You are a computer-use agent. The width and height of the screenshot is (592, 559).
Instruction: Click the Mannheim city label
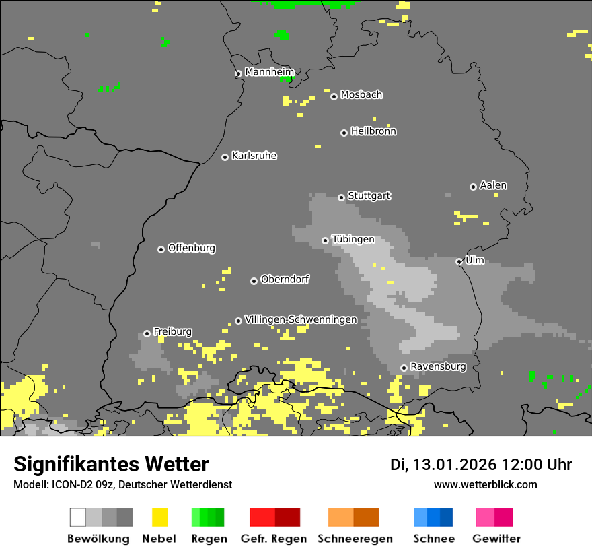coord(269,72)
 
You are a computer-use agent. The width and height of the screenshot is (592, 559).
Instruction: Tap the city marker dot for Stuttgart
coord(341,197)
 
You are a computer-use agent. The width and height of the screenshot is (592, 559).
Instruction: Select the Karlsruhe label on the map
coord(254,156)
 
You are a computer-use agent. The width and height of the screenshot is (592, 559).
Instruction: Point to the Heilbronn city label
coord(373,132)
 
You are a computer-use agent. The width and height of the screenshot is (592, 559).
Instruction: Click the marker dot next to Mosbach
coord(334,96)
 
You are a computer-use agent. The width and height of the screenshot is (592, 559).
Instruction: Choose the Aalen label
coord(493,185)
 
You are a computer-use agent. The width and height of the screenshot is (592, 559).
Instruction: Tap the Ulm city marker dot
coord(459,261)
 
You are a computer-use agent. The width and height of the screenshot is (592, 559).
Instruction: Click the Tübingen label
coord(353,240)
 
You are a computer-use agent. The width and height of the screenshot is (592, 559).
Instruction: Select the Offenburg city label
coord(192,249)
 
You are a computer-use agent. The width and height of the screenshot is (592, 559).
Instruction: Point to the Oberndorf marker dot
coord(254,281)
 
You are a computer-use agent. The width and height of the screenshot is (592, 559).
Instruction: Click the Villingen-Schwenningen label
coord(301,320)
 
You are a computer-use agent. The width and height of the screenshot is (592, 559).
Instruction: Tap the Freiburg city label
coord(173,332)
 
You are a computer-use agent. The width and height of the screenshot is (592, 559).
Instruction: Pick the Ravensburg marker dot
coord(404,368)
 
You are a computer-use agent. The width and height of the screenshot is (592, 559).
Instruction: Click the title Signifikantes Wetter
coord(111,465)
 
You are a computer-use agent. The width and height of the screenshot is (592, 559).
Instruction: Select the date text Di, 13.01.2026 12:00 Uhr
coord(481,465)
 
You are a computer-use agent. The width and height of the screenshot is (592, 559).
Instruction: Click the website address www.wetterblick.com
coord(485,485)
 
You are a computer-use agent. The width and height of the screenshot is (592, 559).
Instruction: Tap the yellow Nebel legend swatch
coord(159,517)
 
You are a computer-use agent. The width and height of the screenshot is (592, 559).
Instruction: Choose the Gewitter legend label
coord(496,539)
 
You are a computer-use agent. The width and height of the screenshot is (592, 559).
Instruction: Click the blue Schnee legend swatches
coord(433,517)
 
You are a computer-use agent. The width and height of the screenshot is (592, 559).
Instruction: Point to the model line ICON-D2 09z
coord(122,485)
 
